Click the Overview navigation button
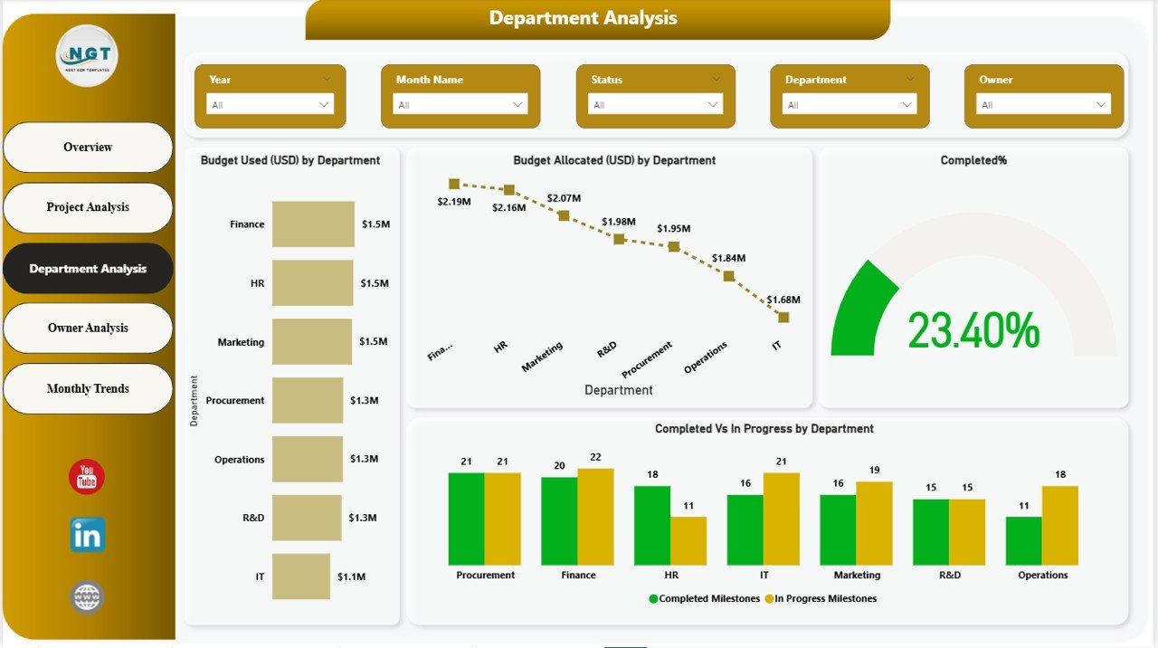pos(88,147)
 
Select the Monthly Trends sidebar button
pos(88,388)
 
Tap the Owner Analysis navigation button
pos(88,328)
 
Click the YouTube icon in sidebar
pos(87,477)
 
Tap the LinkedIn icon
pos(87,535)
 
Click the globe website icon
pos(87,597)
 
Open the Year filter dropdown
pos(270,105)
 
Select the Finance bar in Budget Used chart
pos(313,224)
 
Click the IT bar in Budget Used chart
pos(301,577)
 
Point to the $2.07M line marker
pos(564,215)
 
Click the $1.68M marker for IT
pos(783,317)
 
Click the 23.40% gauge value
pos(973,330)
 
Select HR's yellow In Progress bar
pos(688,541)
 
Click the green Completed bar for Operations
pos(1023,541)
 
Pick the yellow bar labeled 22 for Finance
pos(595,517)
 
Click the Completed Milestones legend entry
pos(705,598)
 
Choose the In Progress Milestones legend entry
pos(821,598)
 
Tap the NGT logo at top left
pos(87,55)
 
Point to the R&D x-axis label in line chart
pos(607,349)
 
